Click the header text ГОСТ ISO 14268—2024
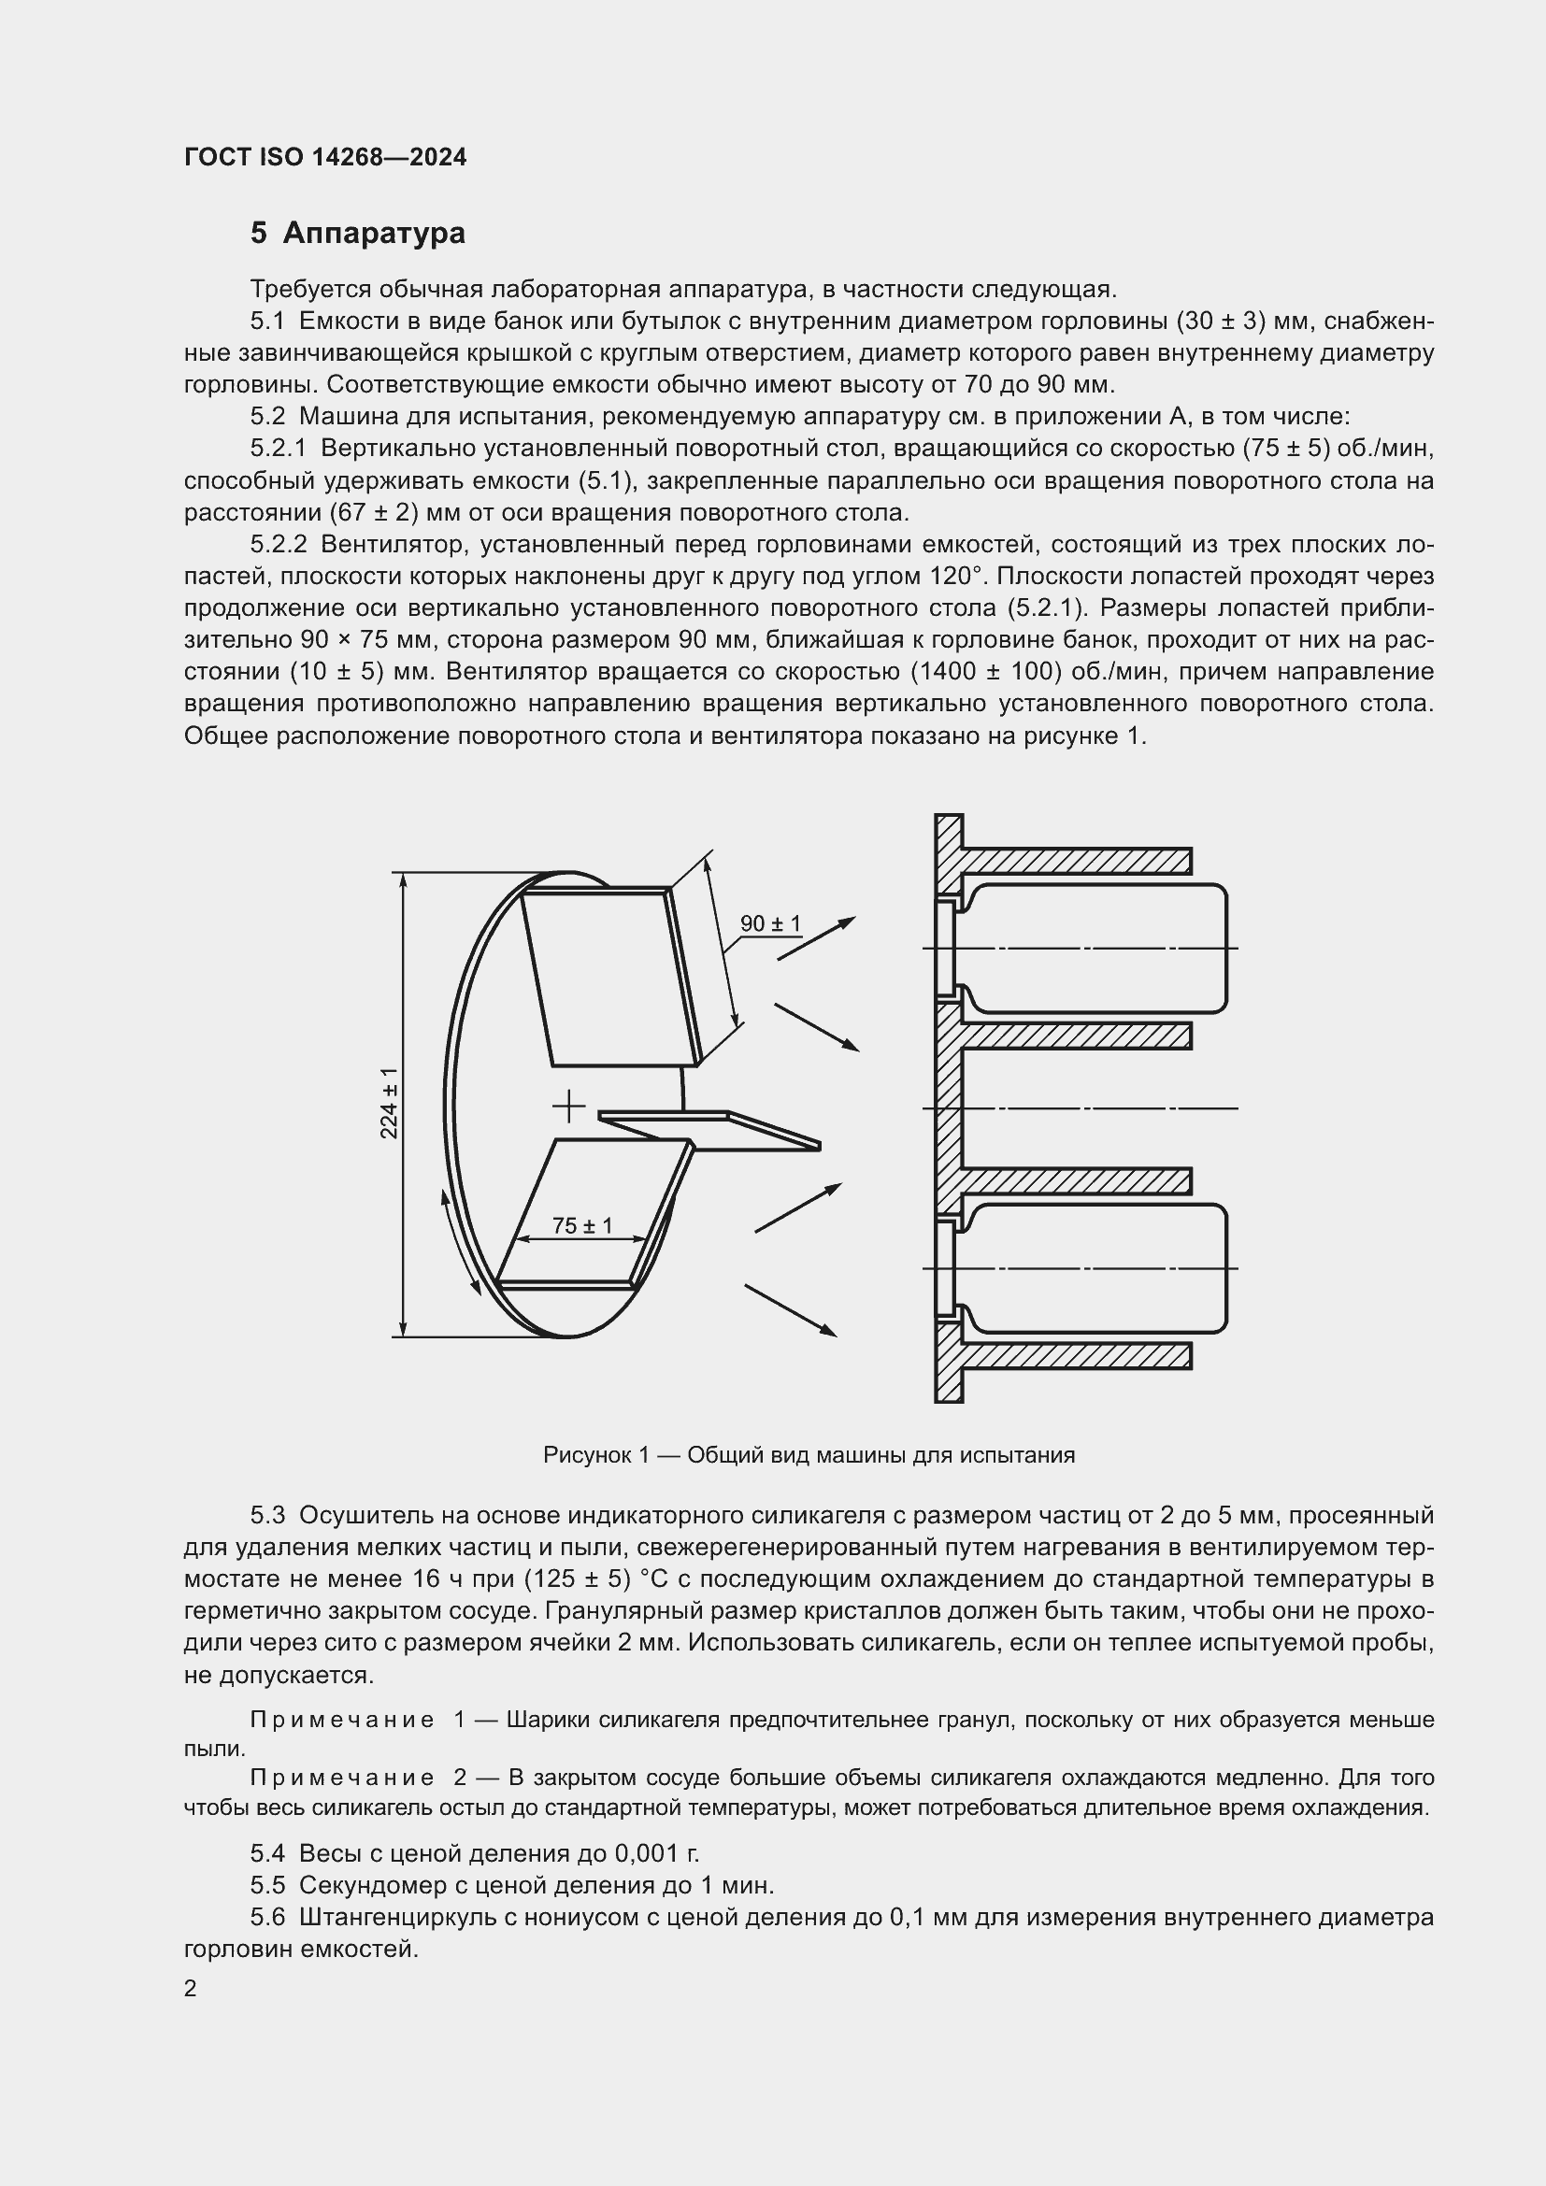pos(325,157)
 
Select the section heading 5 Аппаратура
pos(358,234)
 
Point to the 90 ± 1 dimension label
pos(770,923)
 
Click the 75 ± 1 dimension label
pos(581,1225)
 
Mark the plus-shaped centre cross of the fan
pos(568,1107)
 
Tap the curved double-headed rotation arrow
pos(460,1242)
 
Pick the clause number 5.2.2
pos(279,545)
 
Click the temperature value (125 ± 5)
pos(578,1579)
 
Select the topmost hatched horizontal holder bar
pos(1076,861)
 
